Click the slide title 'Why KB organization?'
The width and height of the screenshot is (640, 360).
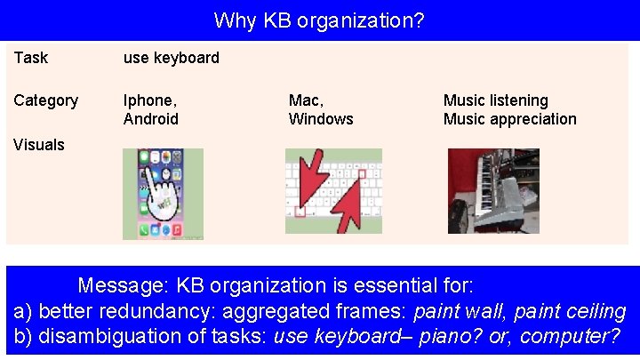click(319, 20)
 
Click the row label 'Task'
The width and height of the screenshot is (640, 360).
click(31, 58)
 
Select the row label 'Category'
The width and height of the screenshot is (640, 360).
click(45, 100)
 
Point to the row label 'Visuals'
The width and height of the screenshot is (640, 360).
click(39, 144)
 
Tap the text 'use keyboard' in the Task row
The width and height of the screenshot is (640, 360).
click(171, 58)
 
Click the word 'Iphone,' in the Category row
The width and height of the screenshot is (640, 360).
click(149, 100)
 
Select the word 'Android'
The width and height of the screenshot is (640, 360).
click(151, 119)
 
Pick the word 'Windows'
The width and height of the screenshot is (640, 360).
click(321, 119)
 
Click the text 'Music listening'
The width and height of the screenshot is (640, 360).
click(495, 100)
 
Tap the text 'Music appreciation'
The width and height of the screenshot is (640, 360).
click(509, 119)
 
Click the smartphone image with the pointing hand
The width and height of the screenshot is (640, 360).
click(163, 194)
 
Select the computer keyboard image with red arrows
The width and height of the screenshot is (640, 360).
click(333, 190)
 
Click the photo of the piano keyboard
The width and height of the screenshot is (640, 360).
click(493, 190)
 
